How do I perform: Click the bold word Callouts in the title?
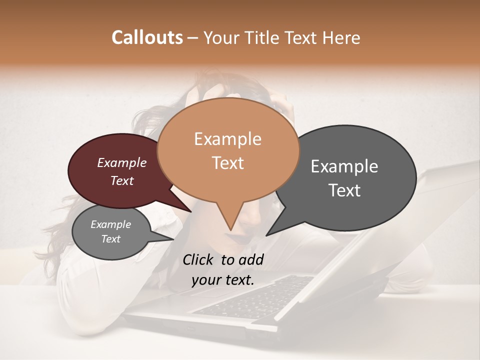pyautogui.click(x=147, y=38)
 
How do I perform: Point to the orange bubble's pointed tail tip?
pyautogui.click(x=230, y=230)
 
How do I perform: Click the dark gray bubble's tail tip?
pyautogui.click(x=266, y=235)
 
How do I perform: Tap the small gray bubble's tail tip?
pyautogui.click(x=172, y=239)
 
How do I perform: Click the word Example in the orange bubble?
pyautogui.click(x=227, y=139)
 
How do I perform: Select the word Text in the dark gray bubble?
pyautogui.click(x=345, y=190)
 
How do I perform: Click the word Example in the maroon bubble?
pyautogui.click(x=121, y=162)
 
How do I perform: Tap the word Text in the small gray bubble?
pyautogui.click(x=110, y=239)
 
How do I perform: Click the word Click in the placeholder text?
pyautogui.click(x=199, y=259)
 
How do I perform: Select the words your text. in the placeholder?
pyautogui.click(x=222, y=280)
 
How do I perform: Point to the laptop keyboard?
pyautogui.click(x=260, y=295)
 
